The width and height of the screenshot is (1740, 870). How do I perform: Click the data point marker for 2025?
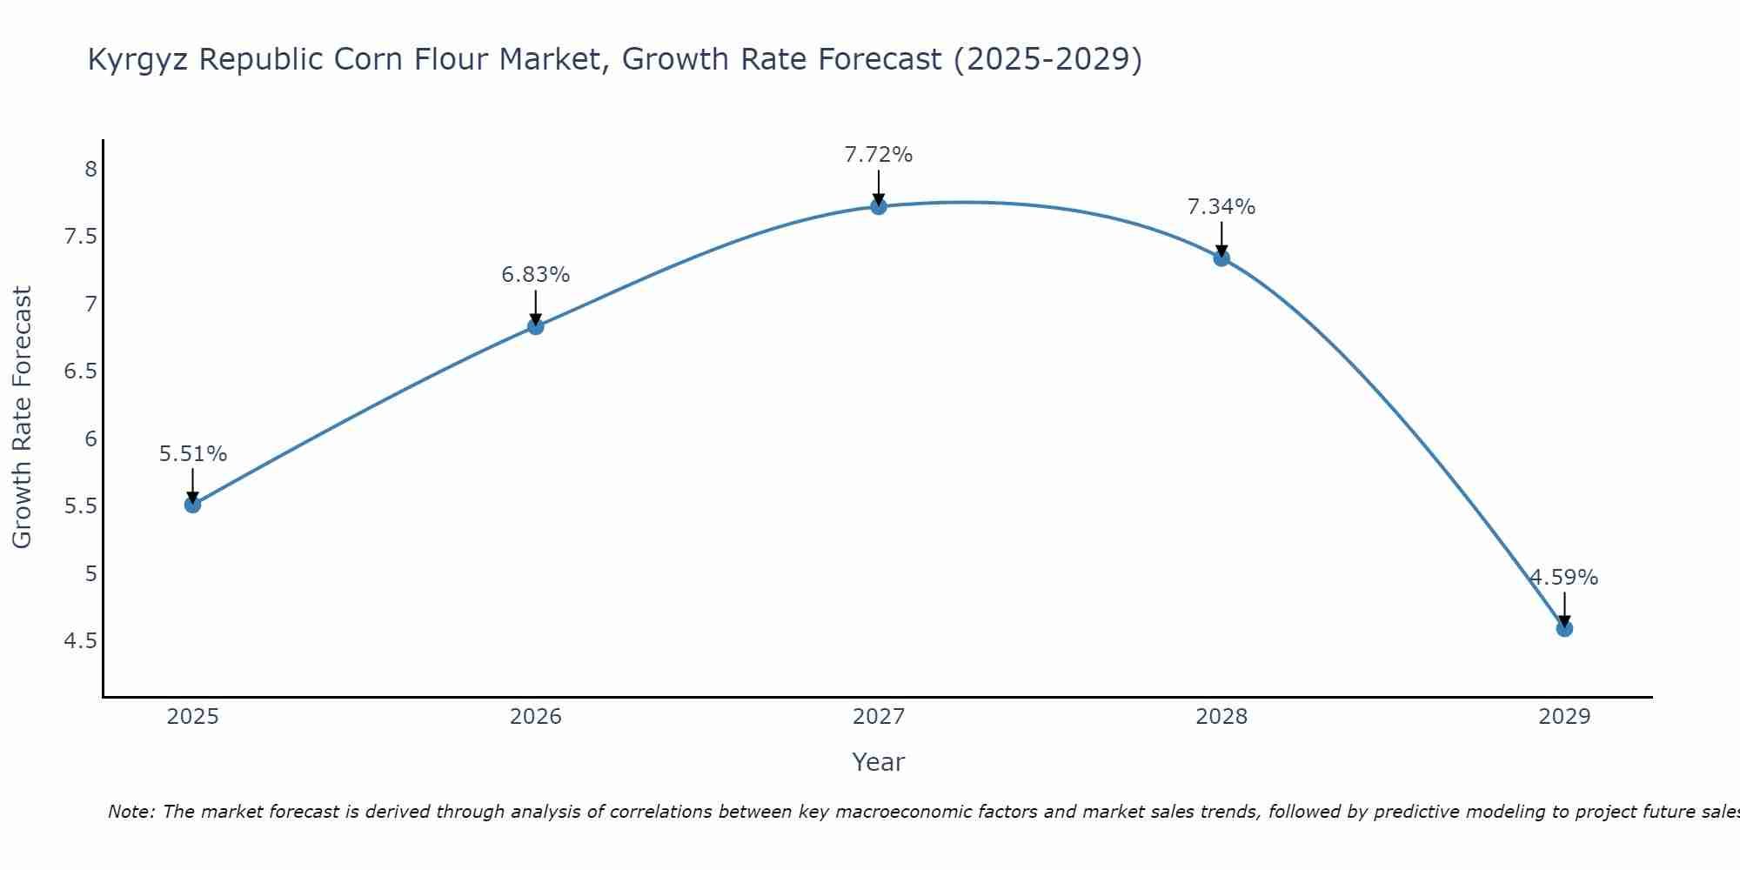pyautogui.click(x=193, y=505)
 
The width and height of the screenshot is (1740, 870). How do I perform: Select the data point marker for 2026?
pyautogui.click(x=536, y=326)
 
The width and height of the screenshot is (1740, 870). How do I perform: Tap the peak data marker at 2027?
pyautogui.click(x=879, y=206)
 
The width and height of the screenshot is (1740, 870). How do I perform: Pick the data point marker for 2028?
pyautogui.click(x=1221, y=258)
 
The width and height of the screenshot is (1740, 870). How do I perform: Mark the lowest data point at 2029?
pyautogui.click(x=1564, y=628)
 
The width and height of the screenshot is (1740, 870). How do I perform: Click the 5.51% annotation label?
pyautogui.click(x=193, y=454)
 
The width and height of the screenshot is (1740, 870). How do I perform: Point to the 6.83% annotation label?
pyautogui.click(x=536, y=275)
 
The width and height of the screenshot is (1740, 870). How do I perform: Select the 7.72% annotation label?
pyautogui.click(x=879, y=155)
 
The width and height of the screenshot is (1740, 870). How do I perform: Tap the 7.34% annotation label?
pyautogui.click(x=1221, y=207)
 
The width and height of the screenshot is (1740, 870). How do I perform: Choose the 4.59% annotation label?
pyautogui.click(x=1564, y=578)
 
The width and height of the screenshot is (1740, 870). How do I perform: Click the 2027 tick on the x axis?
pyautogui.click(x=879, y=717)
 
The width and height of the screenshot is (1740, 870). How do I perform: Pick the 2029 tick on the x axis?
pyautogui.click(x=1564, y=717)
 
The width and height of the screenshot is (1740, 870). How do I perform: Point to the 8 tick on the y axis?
pyautogui.click(x=90, y=169)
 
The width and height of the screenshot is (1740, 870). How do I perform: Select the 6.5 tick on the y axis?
pyautogui.click(x=81, y=371)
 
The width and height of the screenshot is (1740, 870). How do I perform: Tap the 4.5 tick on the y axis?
pyautogui.click(x=81, y=641)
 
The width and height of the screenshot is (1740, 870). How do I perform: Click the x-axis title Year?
pyautogui.click(x=879, y=762)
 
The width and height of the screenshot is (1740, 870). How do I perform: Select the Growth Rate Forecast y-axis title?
pyautogui.click(x=22, y=418)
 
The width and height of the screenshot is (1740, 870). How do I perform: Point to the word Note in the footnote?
pyautogui.click(x=130, y=812)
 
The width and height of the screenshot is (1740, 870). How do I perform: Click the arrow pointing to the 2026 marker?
pyautogui.click(x=536, y=306)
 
